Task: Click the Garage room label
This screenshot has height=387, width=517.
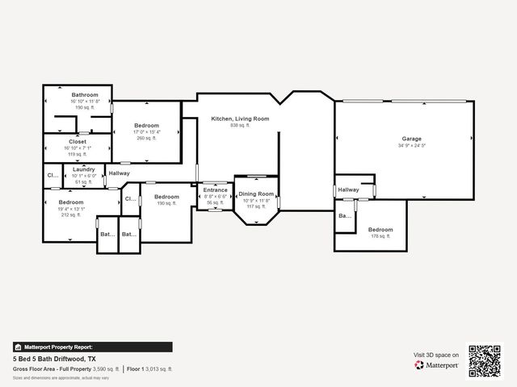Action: click(x=411, y=139)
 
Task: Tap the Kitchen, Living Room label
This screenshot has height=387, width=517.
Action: click(x=240, y=119)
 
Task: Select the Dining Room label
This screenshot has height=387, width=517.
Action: click(x=256, y=193)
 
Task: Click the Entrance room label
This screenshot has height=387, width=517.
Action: click(x=215, y=190)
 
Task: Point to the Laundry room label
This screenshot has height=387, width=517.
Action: click(x=84, y=169)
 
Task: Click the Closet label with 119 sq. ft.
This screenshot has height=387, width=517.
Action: click(x=78, y=142)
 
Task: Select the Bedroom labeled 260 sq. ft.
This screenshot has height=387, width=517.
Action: click(x=146, y=126)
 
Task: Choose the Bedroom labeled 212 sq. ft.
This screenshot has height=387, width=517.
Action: click(x=70, y=202)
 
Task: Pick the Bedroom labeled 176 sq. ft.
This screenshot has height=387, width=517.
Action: click(x=380, y=230)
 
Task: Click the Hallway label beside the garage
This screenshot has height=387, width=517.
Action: click(x=348, y=190)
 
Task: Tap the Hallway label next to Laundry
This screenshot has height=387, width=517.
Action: click(x=120, y=173)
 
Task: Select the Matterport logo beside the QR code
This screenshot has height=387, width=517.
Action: click(x=437, y=365)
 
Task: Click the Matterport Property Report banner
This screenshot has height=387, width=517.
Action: click(x=92, y=347)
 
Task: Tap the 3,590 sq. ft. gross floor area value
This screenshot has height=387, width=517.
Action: click(x=106, y=368)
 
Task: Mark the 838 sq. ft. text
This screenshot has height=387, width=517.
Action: click(x=240, y=126)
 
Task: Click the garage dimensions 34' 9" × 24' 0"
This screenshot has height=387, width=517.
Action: click(x=411, y=146)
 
